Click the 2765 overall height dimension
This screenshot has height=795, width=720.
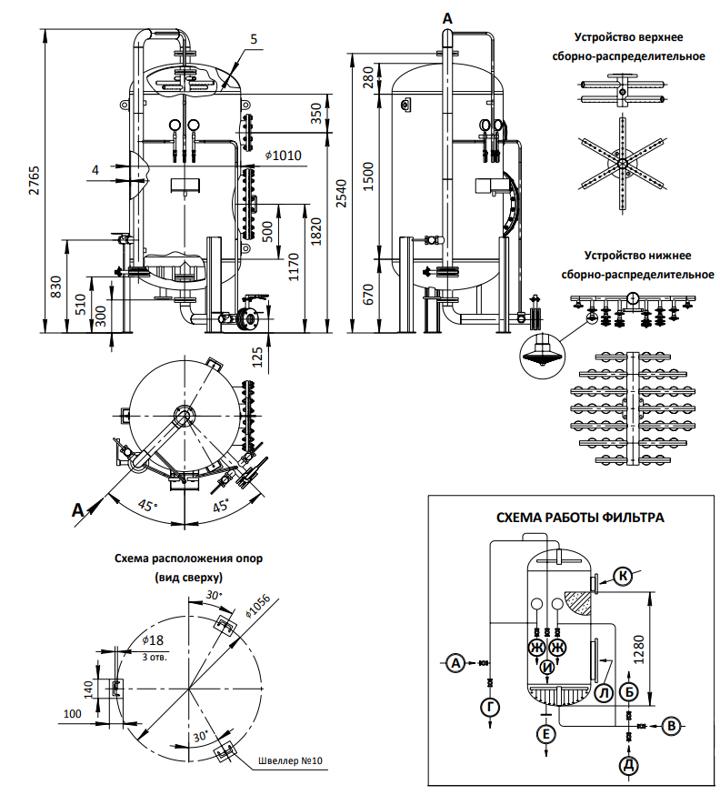(x=34, y=180)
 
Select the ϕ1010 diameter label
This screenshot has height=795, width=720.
(x=284, y=156)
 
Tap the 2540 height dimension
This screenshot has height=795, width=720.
(x=342, y=193)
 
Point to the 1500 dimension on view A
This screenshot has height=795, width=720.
(x=368, y=176)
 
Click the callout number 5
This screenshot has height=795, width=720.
(x=254, y=39)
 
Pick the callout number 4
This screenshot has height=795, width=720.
(x=95, y=170)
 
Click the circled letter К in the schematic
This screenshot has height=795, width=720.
(x=623, y=576)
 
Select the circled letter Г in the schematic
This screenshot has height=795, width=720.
(x=490, y=707)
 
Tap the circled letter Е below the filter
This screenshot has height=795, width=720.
(x=545, y=734)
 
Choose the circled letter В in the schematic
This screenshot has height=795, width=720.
(x=671, y=726)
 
